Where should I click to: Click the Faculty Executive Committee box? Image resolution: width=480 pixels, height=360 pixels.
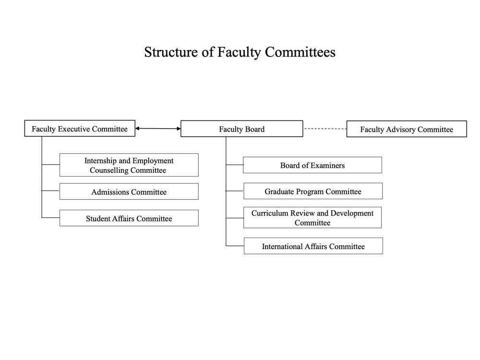[80, 128]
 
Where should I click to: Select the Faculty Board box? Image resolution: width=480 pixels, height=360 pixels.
[242, 129]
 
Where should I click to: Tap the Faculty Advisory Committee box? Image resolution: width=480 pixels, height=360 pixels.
[407, 129]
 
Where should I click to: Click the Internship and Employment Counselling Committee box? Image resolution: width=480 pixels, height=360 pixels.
[129, 165]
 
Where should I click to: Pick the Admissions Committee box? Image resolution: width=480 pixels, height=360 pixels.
[129, 192]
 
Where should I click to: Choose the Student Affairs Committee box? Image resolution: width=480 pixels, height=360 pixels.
[129, 218]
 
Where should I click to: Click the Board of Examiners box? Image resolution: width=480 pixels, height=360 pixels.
[312, 165]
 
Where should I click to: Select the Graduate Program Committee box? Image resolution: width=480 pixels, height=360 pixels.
[313, 191]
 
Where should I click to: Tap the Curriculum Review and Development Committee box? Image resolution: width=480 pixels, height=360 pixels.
[312, 217]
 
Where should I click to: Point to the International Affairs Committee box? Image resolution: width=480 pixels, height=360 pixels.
[313, 246]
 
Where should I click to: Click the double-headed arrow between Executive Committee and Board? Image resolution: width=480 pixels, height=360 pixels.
[158, 129]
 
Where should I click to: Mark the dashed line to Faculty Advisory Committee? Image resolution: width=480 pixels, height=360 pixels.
[325, 129]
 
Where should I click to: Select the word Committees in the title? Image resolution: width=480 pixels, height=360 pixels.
[300, 52]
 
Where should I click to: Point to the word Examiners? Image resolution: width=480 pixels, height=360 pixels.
[328, 166]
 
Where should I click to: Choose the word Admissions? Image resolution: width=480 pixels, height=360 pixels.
[110, 192]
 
